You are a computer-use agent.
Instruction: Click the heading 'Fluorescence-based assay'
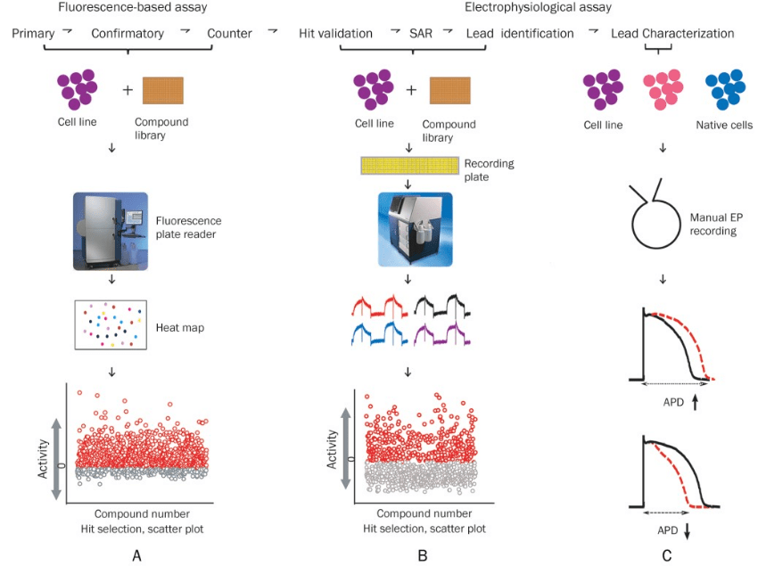click(x=133, y=7)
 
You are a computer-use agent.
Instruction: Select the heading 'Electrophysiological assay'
click(x=538, y=7)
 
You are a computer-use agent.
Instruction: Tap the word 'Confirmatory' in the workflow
click(x=128, y=33)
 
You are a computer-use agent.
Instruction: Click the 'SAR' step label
click(x=421, y=33)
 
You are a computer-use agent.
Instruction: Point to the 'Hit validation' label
click(x=335, y=33)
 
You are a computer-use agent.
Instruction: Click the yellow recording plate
click(x=409, y=165)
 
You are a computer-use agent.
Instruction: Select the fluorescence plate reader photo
click(x=111, y=231)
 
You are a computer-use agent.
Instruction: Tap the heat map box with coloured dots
click(x=111, y=324)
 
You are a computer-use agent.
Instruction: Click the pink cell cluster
click(x=663, y=89)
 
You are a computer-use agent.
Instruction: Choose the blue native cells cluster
click(x=725, y=89)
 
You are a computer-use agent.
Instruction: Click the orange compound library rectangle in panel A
click(x=163, y=90)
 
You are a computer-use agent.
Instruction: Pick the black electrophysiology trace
click(x=442, y=306)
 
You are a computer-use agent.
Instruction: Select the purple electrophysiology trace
click(x=442, y=333)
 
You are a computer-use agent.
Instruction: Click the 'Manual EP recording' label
click(x=716, y=225)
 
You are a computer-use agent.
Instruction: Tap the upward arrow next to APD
click(x=696, y=403)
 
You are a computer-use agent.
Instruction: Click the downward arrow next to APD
click(x=687, y=530)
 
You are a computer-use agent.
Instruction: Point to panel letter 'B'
click(x=423, y=556)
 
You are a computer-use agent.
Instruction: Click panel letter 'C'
click(x=667, y=556)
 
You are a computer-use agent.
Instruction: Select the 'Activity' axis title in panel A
click(x=43, y=459)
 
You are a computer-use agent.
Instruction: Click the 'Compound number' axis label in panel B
click(x=424, y=513)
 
